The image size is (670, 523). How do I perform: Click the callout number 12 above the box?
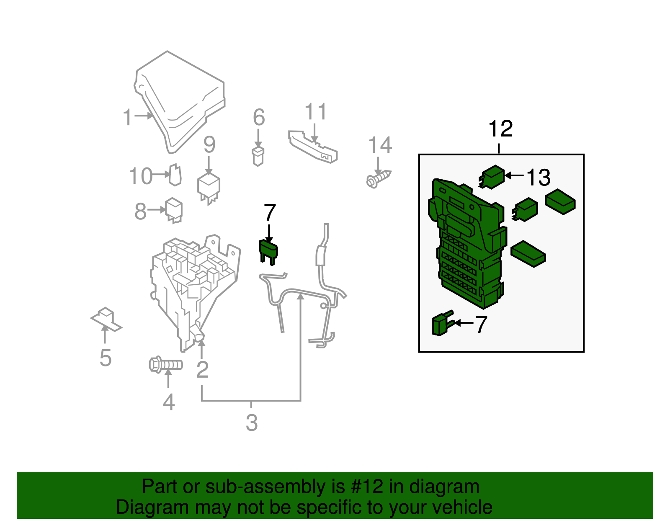point(500,129)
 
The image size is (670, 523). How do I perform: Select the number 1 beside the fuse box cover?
point(127,117)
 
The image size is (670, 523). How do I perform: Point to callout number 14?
point(380,145)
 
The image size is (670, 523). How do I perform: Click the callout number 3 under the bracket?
point(252,423)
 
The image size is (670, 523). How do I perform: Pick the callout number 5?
point(106,358)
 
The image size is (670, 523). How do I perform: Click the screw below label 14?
point(378,179)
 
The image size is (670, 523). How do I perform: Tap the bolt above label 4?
point(166,365)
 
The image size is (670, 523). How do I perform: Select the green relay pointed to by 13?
point(491,177)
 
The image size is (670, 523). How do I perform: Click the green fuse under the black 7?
point(268,252)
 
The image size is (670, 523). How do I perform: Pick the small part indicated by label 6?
point(258,157)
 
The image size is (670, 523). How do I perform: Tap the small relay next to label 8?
point(174,210)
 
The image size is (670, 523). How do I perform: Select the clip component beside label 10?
point(175,175)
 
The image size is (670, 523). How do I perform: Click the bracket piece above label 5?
point(106,319)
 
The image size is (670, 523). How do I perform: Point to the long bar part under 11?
point(313,147)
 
